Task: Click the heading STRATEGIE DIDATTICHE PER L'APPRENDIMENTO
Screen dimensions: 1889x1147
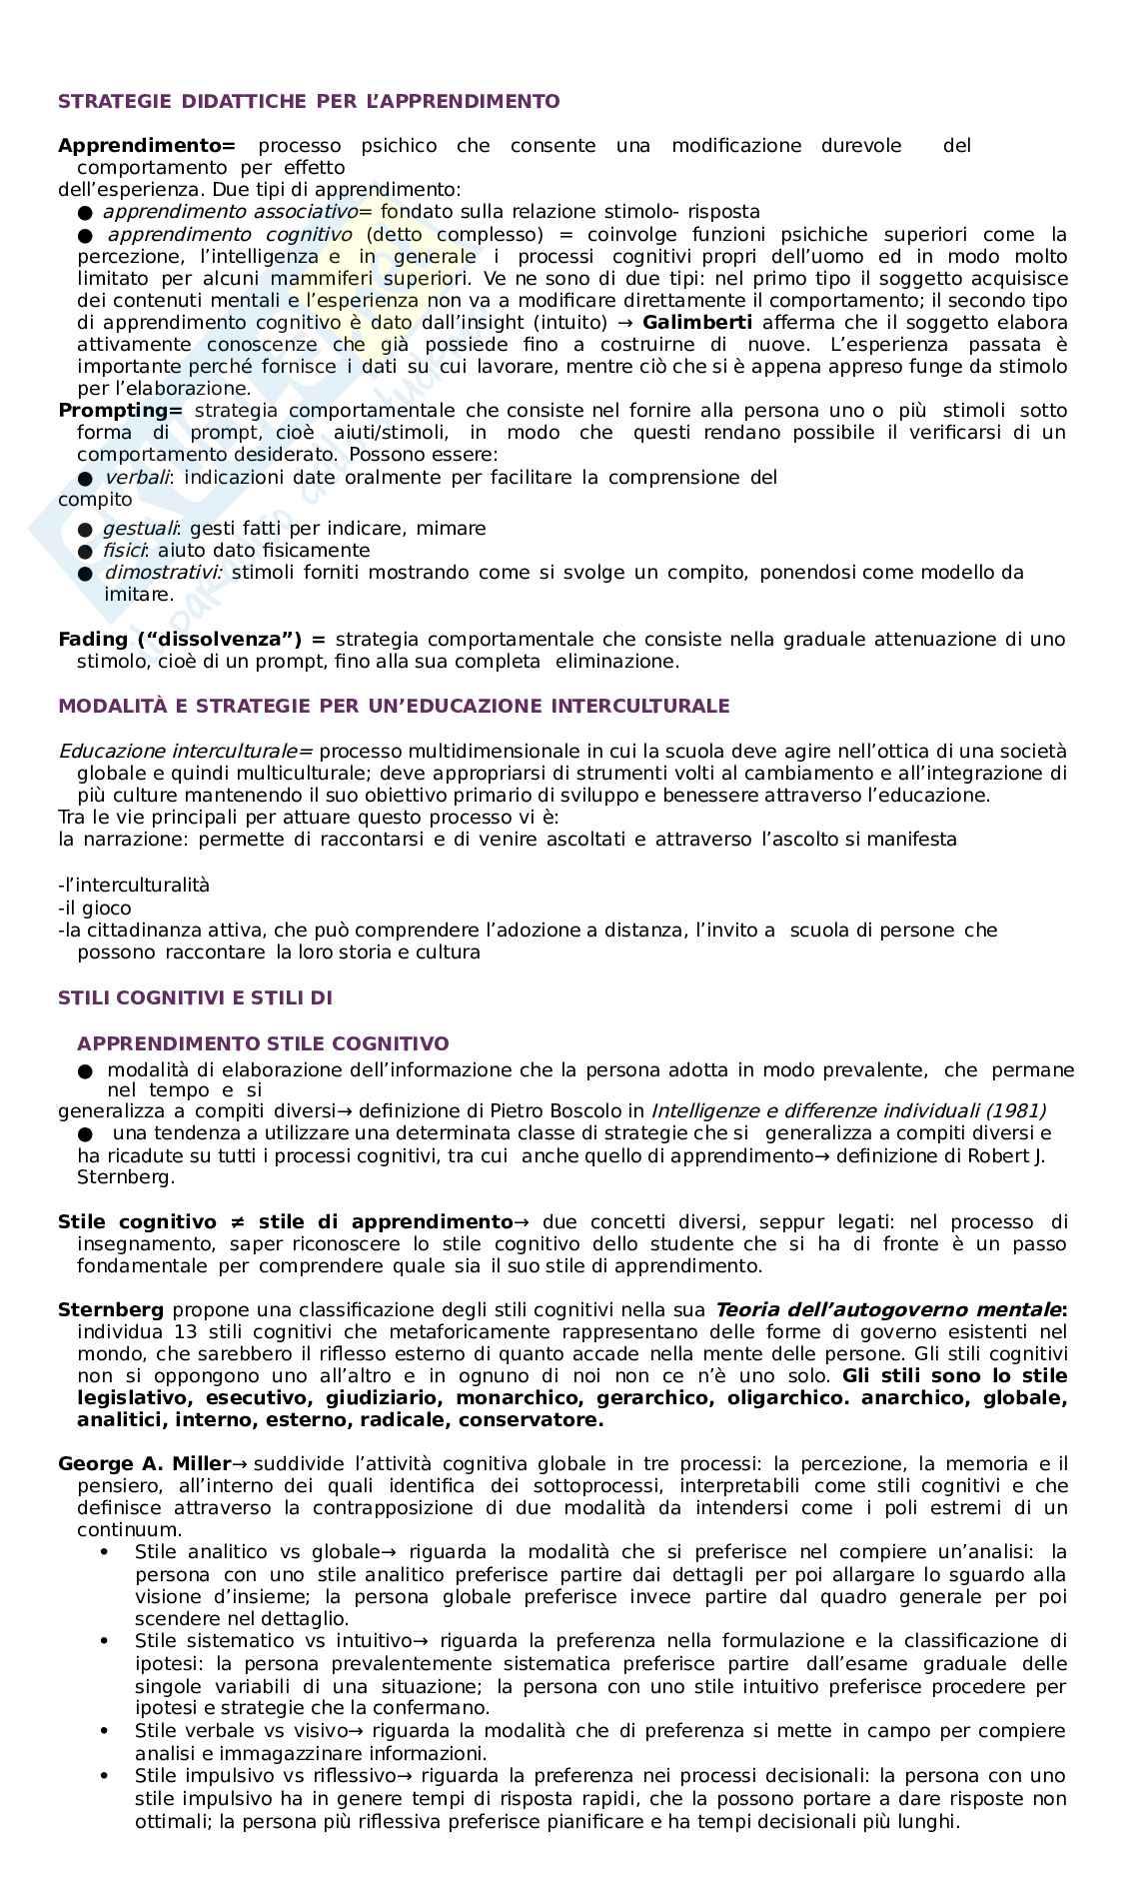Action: [x=309, y=101]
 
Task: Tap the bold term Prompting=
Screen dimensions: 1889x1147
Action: [x=121, y=411]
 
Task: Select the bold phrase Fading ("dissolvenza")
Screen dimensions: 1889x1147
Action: [x=192, y=640]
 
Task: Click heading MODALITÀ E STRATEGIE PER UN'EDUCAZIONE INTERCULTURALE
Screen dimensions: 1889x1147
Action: [x=394, y=707]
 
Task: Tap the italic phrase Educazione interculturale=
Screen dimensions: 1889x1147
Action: [x=186, y=752]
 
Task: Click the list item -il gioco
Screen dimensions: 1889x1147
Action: [x=95, y=909]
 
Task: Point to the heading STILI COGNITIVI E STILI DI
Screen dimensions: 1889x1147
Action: [x=195, y=998]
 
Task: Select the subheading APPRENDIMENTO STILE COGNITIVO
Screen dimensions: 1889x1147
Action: [x=263, y=1044]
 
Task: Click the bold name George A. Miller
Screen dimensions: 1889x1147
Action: [x=144, y=1464]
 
